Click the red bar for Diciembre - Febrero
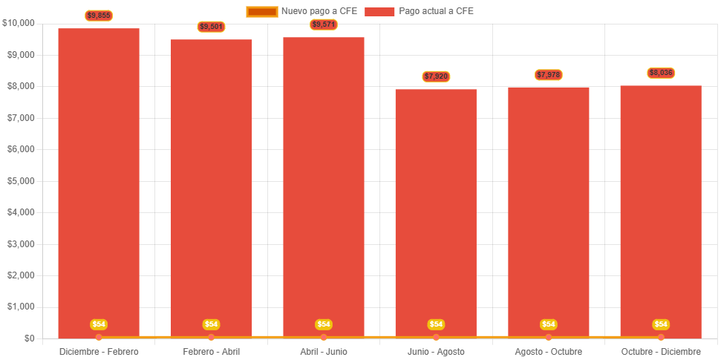[x=99, y=182]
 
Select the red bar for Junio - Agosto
[x=436, y=212]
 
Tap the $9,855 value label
[x=99, y=15]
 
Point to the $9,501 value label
[x=212, y=27]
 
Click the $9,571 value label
[x=324, y=24]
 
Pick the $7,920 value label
[x=436, y=76]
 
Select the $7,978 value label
[x=549, y=75]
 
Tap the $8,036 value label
[x=661, y=73]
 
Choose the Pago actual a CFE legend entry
[x=420, y=11]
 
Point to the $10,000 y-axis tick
[x=19, y=23]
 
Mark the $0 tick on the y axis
[x=29, y=338]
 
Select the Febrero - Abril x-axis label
[x=212, y=351]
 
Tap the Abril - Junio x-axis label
[x=324, y=351]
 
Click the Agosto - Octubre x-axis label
[x=549, y=351]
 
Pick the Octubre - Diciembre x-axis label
[x=661, y=351]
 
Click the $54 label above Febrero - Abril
[x=212, y=324]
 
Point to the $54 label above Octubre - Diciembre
[x=661, y=324]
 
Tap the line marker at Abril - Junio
[x=324, y=337]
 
